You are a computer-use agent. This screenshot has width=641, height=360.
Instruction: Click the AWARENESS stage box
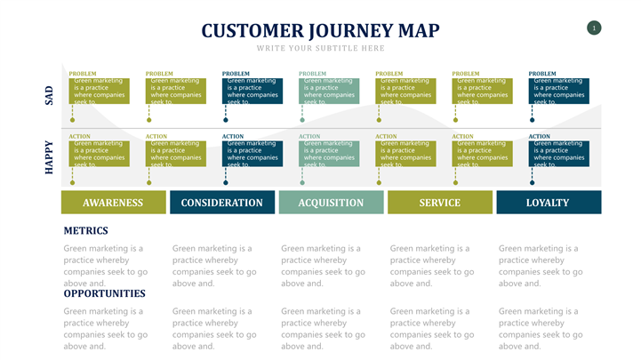113,203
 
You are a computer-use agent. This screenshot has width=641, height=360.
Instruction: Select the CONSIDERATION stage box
222,203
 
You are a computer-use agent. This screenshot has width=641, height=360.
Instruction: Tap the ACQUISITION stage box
332,203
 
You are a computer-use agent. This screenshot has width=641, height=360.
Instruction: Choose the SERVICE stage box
440,203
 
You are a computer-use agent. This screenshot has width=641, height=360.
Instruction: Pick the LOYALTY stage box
548,203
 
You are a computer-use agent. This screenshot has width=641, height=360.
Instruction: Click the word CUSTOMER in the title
244,31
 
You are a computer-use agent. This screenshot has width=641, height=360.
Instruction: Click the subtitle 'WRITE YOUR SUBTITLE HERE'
321,48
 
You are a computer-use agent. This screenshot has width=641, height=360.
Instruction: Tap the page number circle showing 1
594,28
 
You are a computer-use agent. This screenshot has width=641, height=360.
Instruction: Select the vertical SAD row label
50,94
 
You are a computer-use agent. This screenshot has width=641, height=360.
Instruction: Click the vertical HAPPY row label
50,156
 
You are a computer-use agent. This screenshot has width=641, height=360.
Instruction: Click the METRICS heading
85,231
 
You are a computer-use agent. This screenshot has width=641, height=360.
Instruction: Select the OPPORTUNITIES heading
104,293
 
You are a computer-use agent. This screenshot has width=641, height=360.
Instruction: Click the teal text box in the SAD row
331,91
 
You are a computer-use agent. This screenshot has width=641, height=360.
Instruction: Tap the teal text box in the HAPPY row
331,153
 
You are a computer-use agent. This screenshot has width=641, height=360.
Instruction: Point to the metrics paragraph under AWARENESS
106,266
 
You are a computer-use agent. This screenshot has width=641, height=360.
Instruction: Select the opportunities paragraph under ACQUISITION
323,328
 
